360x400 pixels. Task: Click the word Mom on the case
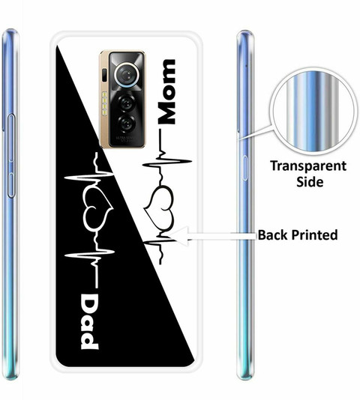167,92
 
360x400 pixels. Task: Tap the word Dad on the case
89,321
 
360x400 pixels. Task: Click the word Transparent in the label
308,167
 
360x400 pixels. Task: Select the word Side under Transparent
310,181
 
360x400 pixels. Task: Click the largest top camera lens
126,74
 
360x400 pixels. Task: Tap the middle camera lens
127,103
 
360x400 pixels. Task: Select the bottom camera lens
127,124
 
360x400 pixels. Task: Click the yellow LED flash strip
104,103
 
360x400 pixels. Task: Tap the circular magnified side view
313,113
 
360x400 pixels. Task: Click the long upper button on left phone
11,139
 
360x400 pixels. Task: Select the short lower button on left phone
11,184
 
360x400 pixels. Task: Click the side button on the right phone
245,168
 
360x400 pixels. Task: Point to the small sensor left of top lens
104,75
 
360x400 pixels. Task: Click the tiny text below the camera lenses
126,139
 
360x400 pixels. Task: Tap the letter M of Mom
167,112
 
